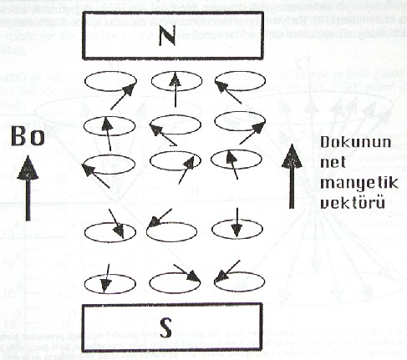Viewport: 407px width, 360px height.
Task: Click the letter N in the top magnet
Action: click(167, 36)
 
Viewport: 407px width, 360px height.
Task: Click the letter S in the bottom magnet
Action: click(165, 327)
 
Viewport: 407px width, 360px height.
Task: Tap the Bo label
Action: click(28, 136)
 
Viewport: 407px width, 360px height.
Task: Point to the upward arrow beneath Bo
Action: click(28, 188)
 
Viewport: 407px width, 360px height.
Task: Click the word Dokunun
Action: click(355, 142)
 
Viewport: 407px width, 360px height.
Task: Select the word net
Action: click(333, 162)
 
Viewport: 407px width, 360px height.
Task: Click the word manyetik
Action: click(359, 184)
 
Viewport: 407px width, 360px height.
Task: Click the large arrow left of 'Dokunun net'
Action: click(292, 176)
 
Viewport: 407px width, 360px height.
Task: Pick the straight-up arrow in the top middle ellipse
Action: click(175, 89)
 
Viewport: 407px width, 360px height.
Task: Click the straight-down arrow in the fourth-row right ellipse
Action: click(237, 223)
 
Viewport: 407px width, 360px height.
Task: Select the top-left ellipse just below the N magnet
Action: click(84, 82)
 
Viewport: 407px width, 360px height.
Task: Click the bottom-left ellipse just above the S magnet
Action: click(84, 284)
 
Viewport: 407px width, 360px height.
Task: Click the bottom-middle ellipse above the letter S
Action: click(150, 283)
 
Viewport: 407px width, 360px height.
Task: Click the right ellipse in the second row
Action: click(215, 121)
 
